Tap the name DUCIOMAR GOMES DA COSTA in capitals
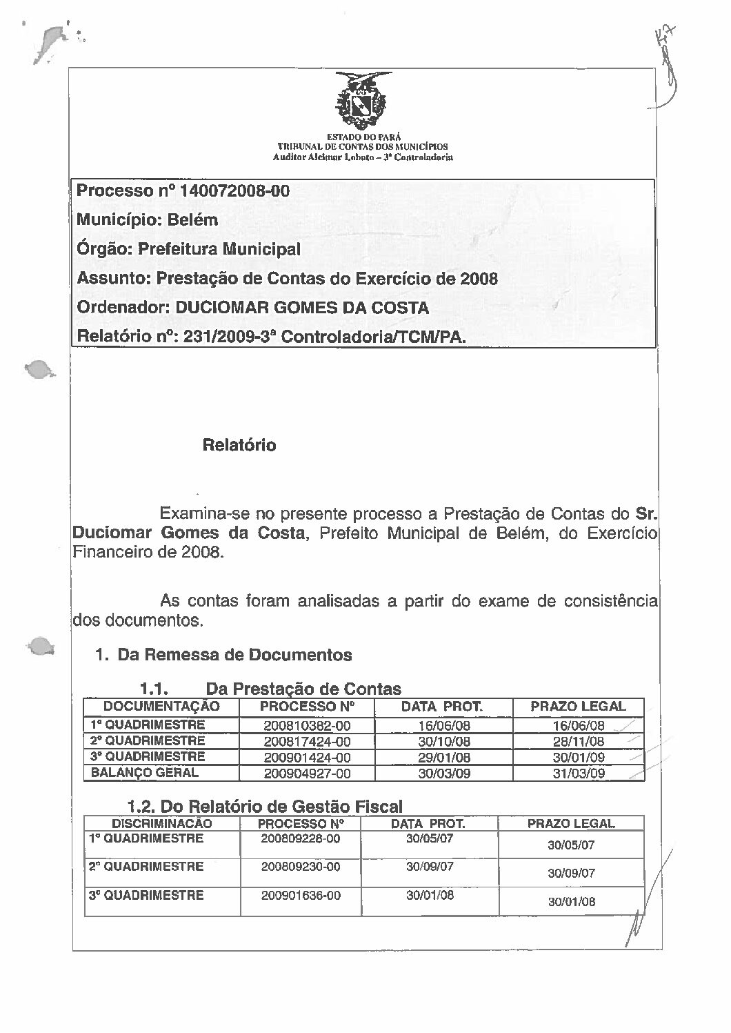pos(303,308)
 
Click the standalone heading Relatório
pos(239,445)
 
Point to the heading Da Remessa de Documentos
pos(235,654)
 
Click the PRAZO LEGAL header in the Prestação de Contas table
pos(578,707)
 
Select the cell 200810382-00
pos(307,726)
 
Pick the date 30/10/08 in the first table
pos(444,742)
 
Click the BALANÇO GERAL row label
pos(145,773)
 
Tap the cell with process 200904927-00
pos(307,774)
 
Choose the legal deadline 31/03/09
pos(579,774)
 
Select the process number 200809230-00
pos(301,867)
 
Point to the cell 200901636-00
pos(301,896)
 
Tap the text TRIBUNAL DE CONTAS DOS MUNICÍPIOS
pos(362,146)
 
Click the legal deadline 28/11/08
pos(579,742)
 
